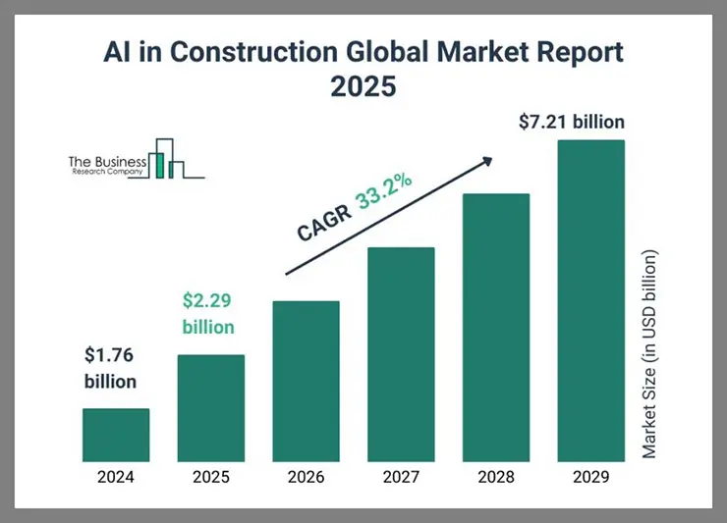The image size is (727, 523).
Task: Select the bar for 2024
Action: (x=116, y=435)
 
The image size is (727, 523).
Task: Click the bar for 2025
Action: (x=210, y=407)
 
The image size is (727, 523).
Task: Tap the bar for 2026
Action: (x=306, y=381)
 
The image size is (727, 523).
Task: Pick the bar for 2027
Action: (x=401, y=354)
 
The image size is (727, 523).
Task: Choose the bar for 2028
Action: (x=496, y=328)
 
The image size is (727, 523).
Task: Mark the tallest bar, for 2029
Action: (x=590, y=300)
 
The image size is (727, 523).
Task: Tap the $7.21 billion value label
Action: (x=571, y=123)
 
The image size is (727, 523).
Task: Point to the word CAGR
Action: (x=323, y=223)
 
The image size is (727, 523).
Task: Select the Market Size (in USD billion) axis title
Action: (x=649, y=354)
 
